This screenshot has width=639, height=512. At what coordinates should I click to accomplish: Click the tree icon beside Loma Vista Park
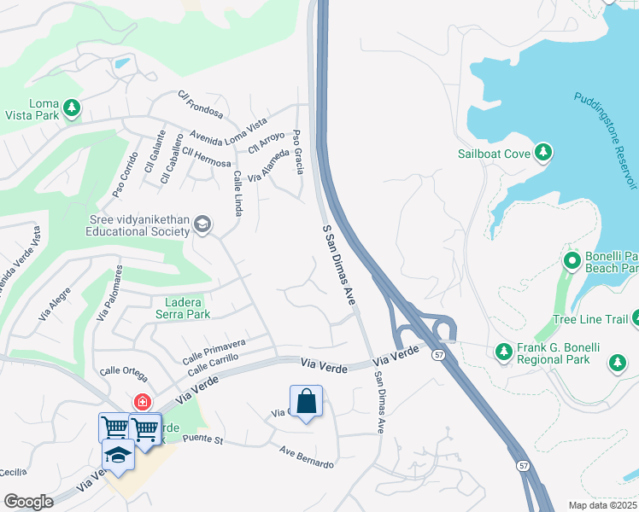click(x=73, y=108)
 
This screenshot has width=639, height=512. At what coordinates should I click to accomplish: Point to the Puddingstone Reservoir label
click(x=607, y=141)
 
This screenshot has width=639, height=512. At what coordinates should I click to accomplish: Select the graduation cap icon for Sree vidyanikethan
click(x=202, y=224)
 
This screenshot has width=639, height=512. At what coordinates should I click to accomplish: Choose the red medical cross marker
click(x=140, y=401)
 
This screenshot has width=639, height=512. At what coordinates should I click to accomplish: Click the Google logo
click(x=28, y=502)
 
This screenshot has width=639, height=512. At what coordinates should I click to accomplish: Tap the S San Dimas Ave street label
click(x=338, y=265)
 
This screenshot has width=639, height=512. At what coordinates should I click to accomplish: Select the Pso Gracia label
click(x=298, y=151)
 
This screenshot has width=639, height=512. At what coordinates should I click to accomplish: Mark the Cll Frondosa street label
click(x=200, y=106)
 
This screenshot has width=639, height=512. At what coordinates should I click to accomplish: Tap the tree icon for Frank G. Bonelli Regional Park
click(x=504, y=352)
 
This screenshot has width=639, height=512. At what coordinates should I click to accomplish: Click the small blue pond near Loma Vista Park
click(x=122, y=63)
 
